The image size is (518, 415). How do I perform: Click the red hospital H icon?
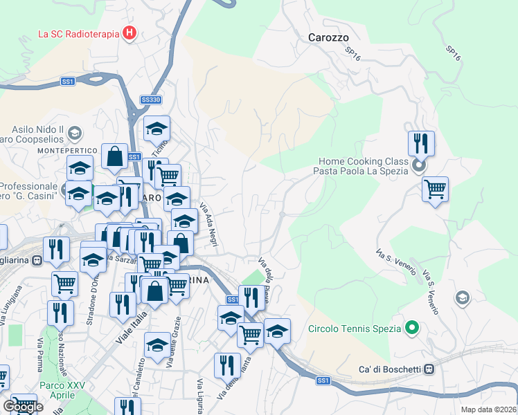click(x=129, y=33)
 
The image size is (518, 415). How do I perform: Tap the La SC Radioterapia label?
click(x=77, y=33)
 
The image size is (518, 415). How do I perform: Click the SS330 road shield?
click(x=150, y=100)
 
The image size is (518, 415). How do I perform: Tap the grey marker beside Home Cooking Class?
click(x=418, y=166)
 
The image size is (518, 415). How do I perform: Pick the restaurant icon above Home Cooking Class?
click(x=421, y=143)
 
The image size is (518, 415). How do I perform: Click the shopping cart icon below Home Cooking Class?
click(x=435, y=188)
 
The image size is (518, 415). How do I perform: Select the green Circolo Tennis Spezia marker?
click(x=412, y=328)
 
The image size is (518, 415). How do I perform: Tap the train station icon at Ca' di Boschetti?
click(x=429, y=369)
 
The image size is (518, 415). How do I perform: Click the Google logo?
click(x=22, y=407)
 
